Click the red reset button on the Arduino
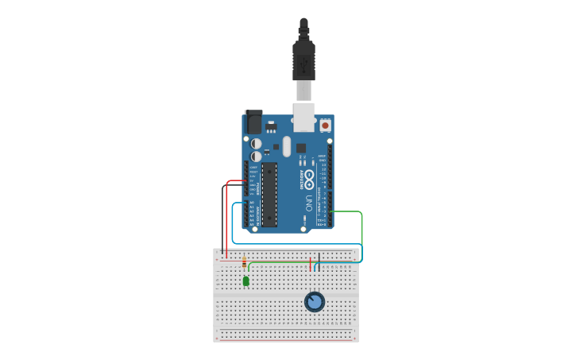[x=325, y=126]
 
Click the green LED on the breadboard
[x=246, y=281]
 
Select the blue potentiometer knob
[x=315, y=302]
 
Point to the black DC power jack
[x=253, y=122]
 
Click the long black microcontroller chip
[x=269, y=194]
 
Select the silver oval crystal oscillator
[x=287, y=146]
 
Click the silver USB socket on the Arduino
[x=303, y=115]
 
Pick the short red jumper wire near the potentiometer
[x=310, y=263]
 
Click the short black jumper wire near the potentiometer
[x=319, y=258]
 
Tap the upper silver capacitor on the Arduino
[x=257, y=144]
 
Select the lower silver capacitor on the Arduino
[x=256, y=157]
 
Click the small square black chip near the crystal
[x=301, y=148]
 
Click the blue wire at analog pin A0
[x=238, y=203]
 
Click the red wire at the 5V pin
[x=235, y=181]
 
